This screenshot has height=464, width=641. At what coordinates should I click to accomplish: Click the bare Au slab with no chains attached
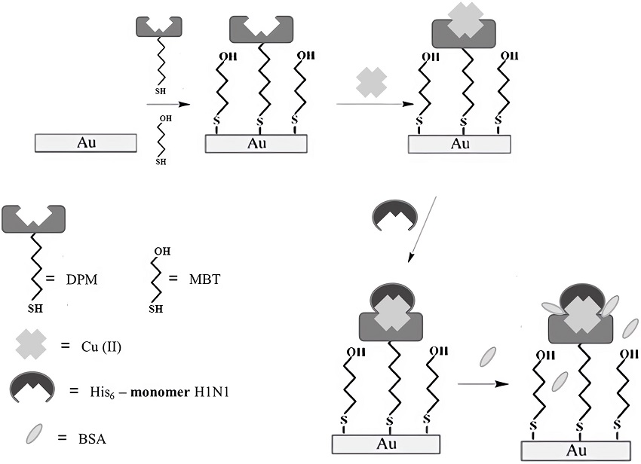click(85, 142)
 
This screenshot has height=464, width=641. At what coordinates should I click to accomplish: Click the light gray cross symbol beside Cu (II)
click(32, 346)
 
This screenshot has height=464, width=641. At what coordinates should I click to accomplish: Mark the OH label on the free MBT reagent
click(165, 118)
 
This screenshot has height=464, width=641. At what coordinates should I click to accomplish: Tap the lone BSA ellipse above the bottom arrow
click(488, 356)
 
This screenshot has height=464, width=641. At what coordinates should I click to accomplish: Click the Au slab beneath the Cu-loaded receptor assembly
click(459, 144)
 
